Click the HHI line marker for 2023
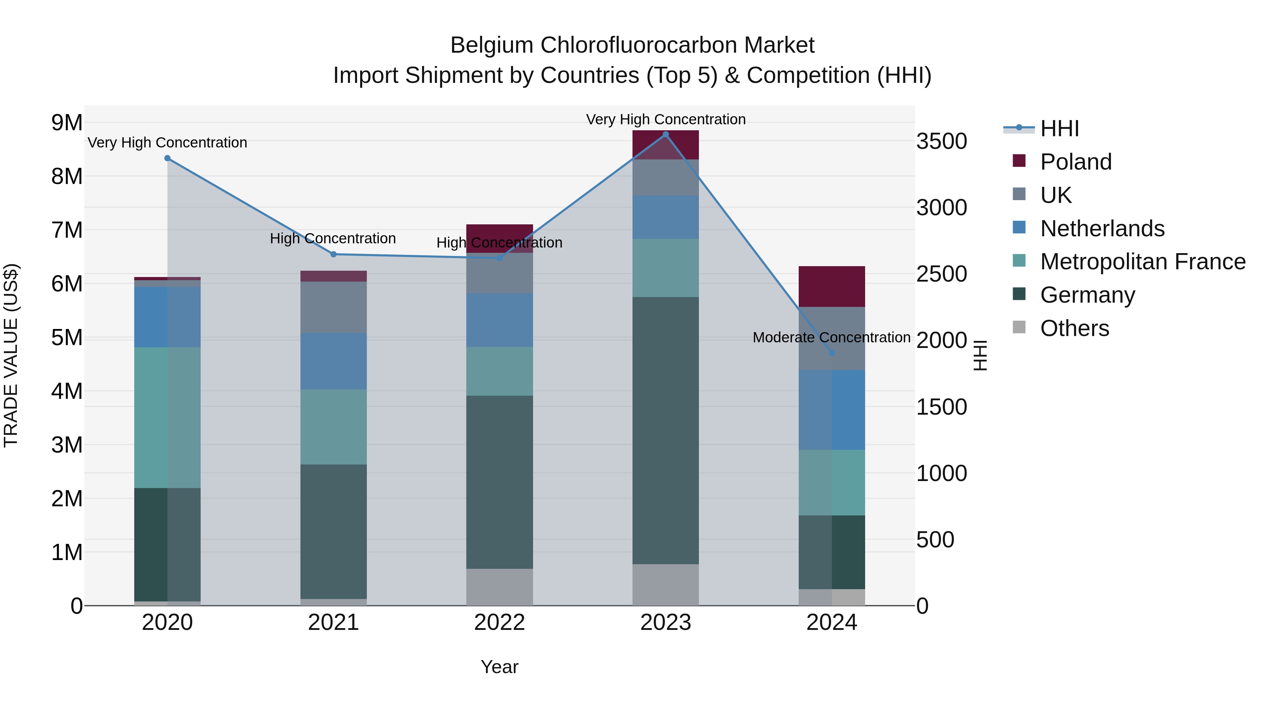[666, 134]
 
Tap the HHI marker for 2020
[168, 158]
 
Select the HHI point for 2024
[831, 353]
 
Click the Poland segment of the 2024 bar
[831, 287]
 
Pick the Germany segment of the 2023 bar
[666, 430]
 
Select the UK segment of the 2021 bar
[333, 307]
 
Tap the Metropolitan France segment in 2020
[168, 417]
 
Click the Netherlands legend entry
[1102, 229]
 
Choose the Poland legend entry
[1076, 162]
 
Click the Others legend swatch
[1019, 327]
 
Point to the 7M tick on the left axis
[67, 230]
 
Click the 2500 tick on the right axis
[941, 274]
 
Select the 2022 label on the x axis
[499, 623]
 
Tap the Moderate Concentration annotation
[831, 337]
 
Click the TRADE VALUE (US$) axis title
[11, 355]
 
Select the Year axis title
[499, 667]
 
